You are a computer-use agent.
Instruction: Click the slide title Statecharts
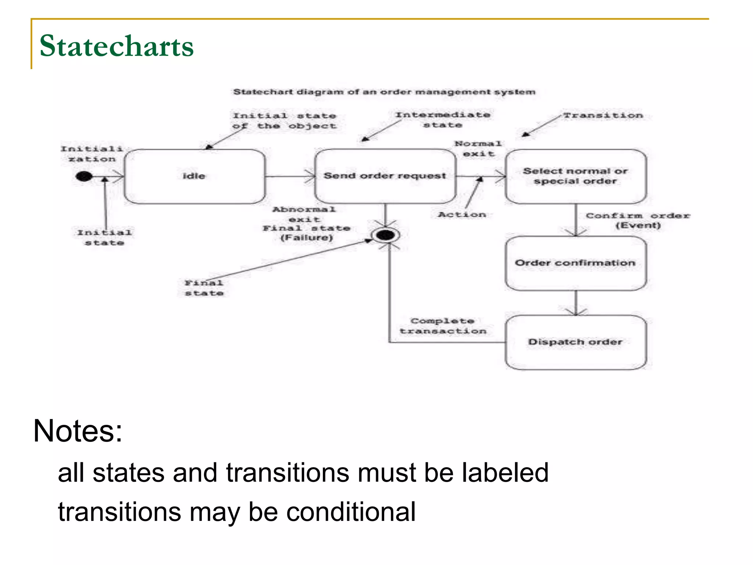(x=116, y=46)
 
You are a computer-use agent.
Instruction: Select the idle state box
(x=194, y=176)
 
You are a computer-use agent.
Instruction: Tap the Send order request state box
(x=385, y=176)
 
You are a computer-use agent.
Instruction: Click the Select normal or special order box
(x=575, y=176)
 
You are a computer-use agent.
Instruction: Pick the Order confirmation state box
(x=575, y=263)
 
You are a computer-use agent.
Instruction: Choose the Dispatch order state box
(x=575, y=342)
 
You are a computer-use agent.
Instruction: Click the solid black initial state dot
(x=83, y=177)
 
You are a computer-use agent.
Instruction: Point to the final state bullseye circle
(x=385, y=235)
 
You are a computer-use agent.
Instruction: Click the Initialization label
(x=92, y=154)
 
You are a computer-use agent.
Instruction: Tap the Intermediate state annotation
(x=443, y=120)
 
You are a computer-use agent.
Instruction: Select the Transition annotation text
(x=603, y=116)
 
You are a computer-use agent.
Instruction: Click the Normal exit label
(x=478, y=149)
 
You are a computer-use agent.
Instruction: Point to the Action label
(x=462, y=214)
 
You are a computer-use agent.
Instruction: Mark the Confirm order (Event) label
(x=638, y=220)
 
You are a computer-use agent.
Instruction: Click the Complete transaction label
(x=443, y=326)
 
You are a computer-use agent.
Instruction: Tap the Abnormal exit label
(x=304, y=214)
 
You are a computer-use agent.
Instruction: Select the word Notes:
(x=78, y=431)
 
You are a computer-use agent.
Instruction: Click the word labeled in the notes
(x=505, y=473)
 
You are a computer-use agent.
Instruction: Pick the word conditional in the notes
(x=351, y=512)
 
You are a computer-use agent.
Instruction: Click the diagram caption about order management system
(x=384, y=92)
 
